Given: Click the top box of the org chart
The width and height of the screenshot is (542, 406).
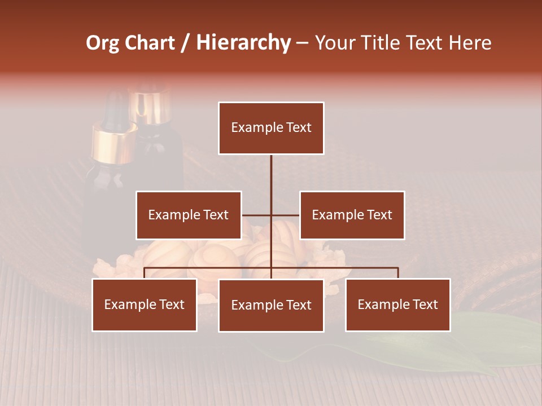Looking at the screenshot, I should point(271,128).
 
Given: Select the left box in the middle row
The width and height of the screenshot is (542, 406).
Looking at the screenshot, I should point(189,215).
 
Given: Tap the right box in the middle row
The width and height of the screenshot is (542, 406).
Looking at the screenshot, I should point(352,215).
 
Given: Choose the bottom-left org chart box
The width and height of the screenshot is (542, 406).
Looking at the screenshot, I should point(145,304).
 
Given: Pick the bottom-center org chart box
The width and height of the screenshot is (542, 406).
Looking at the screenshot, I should point(271,305).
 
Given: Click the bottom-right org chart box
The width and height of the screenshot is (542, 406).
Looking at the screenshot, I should point(398,304).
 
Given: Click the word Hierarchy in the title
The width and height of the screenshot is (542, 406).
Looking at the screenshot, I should point(243,43).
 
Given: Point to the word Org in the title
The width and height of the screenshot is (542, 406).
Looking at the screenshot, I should point(102,43).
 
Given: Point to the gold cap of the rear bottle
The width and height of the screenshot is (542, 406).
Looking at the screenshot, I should point(150,104).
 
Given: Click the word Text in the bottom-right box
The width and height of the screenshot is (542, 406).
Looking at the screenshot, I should point(425,304).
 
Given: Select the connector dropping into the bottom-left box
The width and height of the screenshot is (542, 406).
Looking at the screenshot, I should point(145,273).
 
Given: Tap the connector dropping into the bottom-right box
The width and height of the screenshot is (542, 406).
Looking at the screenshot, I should point(398,273).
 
